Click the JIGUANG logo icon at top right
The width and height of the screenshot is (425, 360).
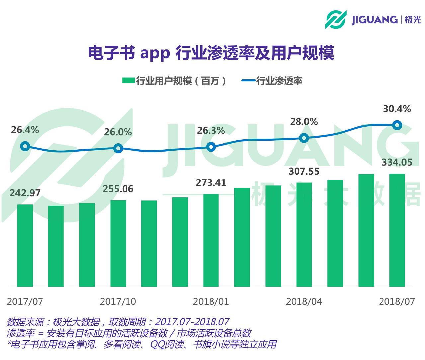335,20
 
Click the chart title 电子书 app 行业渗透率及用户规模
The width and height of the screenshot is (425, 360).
211,53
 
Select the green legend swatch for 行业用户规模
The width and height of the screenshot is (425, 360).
128,81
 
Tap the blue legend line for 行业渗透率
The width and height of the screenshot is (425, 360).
248,81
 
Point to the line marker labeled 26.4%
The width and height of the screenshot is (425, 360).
25,146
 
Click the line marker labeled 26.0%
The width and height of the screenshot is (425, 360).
118,148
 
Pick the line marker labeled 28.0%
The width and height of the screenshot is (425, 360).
304,138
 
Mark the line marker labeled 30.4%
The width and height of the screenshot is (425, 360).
397,125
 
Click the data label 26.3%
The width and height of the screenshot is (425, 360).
211,131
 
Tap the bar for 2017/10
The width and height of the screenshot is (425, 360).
118,243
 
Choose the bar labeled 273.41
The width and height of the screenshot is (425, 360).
211,240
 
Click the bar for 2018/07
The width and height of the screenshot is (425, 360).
397,230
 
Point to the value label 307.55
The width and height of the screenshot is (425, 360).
304,171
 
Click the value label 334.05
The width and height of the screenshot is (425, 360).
397,162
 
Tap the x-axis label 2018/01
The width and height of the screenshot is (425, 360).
211,301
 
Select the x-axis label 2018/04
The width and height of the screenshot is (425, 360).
304,301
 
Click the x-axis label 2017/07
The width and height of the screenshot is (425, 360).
25,301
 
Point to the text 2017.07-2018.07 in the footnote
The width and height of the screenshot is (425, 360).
192,322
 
